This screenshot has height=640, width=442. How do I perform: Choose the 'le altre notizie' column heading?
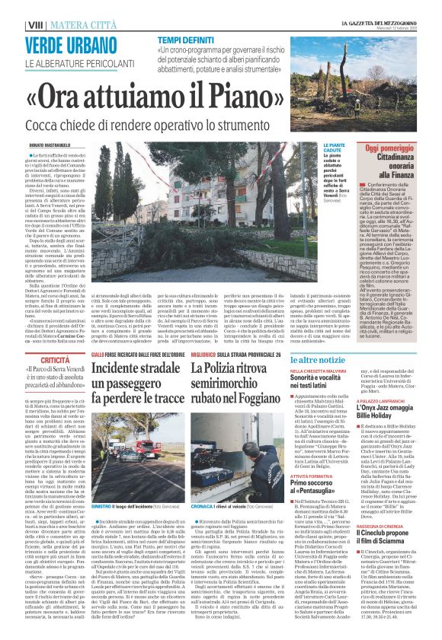pos(332,358)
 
